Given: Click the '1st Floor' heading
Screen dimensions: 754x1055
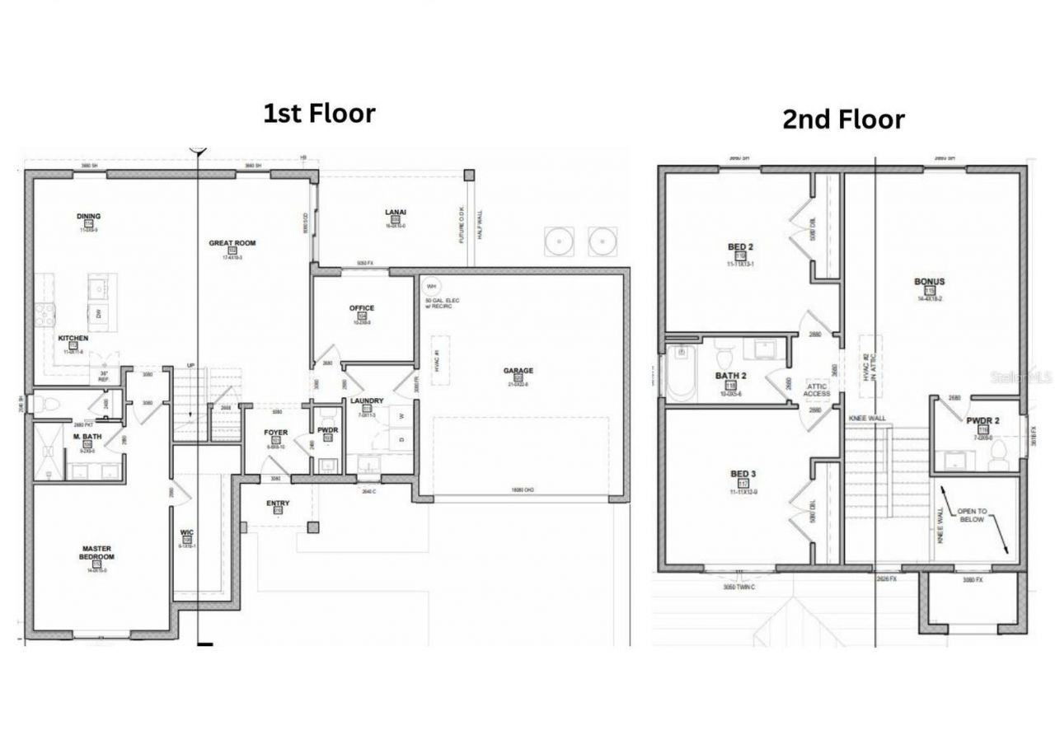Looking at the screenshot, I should [x=319, y=113].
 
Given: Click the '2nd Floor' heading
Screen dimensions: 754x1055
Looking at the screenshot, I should [x=842, y=119].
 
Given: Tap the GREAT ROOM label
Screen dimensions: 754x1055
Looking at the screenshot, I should [x=232, y=243].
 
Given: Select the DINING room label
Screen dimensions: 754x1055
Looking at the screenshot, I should [x=88, y=217].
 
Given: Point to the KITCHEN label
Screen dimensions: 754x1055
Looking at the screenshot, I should [x=73, y=339].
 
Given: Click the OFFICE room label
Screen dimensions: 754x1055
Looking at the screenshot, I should [x=362, y=308].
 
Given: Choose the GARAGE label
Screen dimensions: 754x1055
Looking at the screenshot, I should [x=518, y=371].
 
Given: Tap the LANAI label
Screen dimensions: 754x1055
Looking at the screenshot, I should [x=396, y=213].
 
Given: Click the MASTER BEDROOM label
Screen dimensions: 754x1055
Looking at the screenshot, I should [x=96, y=552].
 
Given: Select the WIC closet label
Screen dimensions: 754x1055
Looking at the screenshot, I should [x=186, y=532].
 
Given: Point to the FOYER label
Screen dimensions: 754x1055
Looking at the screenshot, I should [x=275, y=433].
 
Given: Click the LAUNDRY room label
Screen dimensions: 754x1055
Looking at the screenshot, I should [x=367, y=401].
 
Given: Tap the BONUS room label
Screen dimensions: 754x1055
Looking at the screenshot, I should [x=929, y=282].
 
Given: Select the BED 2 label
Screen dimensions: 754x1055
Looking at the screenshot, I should [x=740, y=247].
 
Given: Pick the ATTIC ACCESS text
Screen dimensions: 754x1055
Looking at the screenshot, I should [x=817, y=390].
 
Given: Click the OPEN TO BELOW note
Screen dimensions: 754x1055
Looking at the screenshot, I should [x=970, y=516].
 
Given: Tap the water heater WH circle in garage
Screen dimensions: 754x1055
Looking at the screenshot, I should [x=429, y=286].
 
